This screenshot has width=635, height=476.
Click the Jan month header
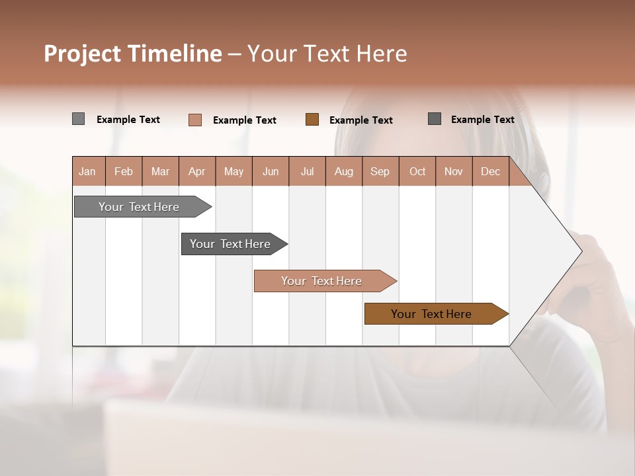coord(88,171)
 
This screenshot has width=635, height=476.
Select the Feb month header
coord(124,171)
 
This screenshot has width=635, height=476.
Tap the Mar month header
coord(160,171)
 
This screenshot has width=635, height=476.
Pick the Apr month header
coord(197,171)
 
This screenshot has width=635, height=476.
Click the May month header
coord(233,171)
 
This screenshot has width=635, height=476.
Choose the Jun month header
coord(271,171)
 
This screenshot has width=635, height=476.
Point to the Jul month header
coord(307,171)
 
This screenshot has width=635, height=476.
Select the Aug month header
coord(344,171)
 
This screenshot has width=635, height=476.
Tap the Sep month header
coord(380,171)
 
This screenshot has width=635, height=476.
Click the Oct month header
coord(417,171)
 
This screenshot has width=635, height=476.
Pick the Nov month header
coord(454,171)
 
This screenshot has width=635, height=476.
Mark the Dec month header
coord(491,171)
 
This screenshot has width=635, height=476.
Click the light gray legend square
coord(78,119)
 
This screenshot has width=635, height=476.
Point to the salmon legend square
coord(195,120)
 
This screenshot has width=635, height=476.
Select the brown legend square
coord(312,119)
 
